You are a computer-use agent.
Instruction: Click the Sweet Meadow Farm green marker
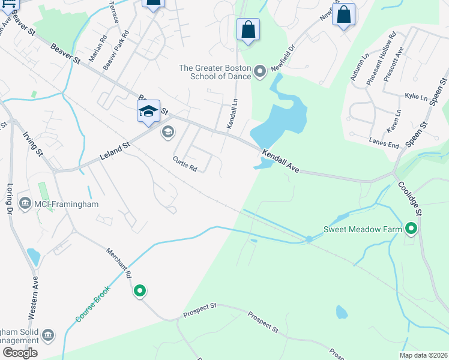click(x=411, y=229)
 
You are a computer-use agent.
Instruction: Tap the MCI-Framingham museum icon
click(x=25, y=204)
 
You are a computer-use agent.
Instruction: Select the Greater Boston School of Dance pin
click(x=260, y=72)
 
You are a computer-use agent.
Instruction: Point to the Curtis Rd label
click(x=185, y=164)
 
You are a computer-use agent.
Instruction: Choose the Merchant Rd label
click(x=119, y=264)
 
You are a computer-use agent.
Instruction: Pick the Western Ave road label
click(x=34, y=296)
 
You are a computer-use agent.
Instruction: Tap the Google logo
click(x=20, y=352)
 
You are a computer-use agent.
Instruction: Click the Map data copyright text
click(x=424, y=355)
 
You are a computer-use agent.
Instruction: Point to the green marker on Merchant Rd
click(x=140, y=291)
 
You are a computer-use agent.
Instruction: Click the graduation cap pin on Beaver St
click(x=148, y=112)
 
